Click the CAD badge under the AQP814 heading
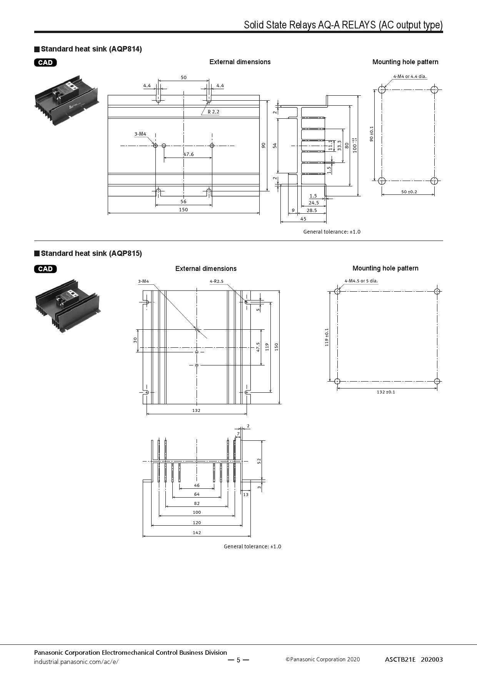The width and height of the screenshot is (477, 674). pyautogui.click(x=45, y=63)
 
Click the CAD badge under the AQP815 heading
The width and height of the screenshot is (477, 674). pyautogui.click(x=45, y=269)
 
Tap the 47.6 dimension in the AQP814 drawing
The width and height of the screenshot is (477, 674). pyautogui.click(x=188, y=154)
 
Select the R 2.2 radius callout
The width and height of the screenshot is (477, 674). pyautogui.click(x=213, y=112)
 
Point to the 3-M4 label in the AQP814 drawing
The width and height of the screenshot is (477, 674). pyautogui.click(x=140, y=134)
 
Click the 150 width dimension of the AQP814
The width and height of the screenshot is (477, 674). pyautogui.click(x=183, y=210)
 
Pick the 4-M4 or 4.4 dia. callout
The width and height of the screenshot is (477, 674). pyautogui.click(x=410, y=76)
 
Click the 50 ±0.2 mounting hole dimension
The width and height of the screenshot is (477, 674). pyautogui.click(x=409, y=192)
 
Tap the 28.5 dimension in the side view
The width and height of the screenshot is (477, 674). pyautogui.click(x=312, y=211)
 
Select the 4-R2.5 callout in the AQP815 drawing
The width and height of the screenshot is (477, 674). pyautogui.click(x=217, y=281)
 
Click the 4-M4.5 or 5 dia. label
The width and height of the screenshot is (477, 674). pyautogui.click(x=361, y=281)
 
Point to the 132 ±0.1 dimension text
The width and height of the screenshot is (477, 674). pyautogui.click(x=386, y=392)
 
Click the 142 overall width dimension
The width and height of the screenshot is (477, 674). pyautogui.click(x=197, y=533)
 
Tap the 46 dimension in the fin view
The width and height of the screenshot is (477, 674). pyautogui.click(x=197, y=486)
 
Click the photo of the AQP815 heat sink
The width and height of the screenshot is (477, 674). pyautogui.click(x=67, y=305)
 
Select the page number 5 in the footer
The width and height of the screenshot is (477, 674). pyautogui.click(x=238, y=660)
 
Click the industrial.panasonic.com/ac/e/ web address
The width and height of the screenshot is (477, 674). pyautogui.click(x=76, y=662)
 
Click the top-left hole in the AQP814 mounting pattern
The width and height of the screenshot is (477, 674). pyautogui.click(x=382, y=90)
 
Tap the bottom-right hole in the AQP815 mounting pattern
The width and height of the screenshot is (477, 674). pyautogui.click(x=437, y=381)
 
